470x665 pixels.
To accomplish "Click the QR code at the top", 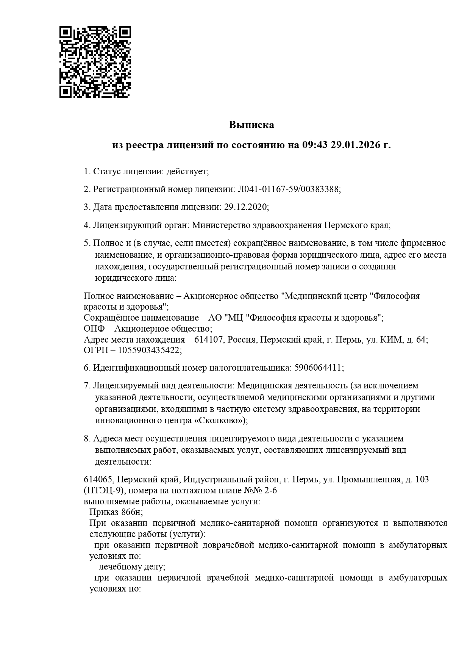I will (x=95, y=62).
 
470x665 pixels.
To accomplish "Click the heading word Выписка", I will (x=251, y=125).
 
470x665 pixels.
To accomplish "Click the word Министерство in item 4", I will (x=219, y=225).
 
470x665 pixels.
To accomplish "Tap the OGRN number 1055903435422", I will (x=149, y=350).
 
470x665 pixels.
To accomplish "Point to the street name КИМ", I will (x=392, y=340).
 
